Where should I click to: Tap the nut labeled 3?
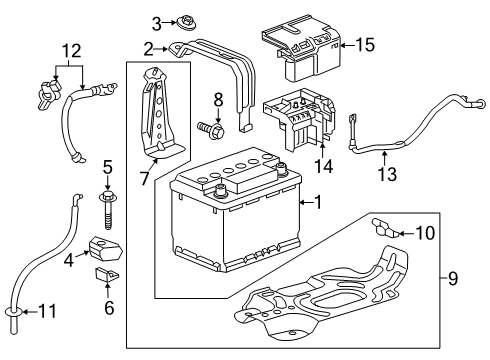pos(184,23)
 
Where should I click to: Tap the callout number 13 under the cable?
pos(389,175)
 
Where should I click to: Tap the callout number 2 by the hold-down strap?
pos(147,48)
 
